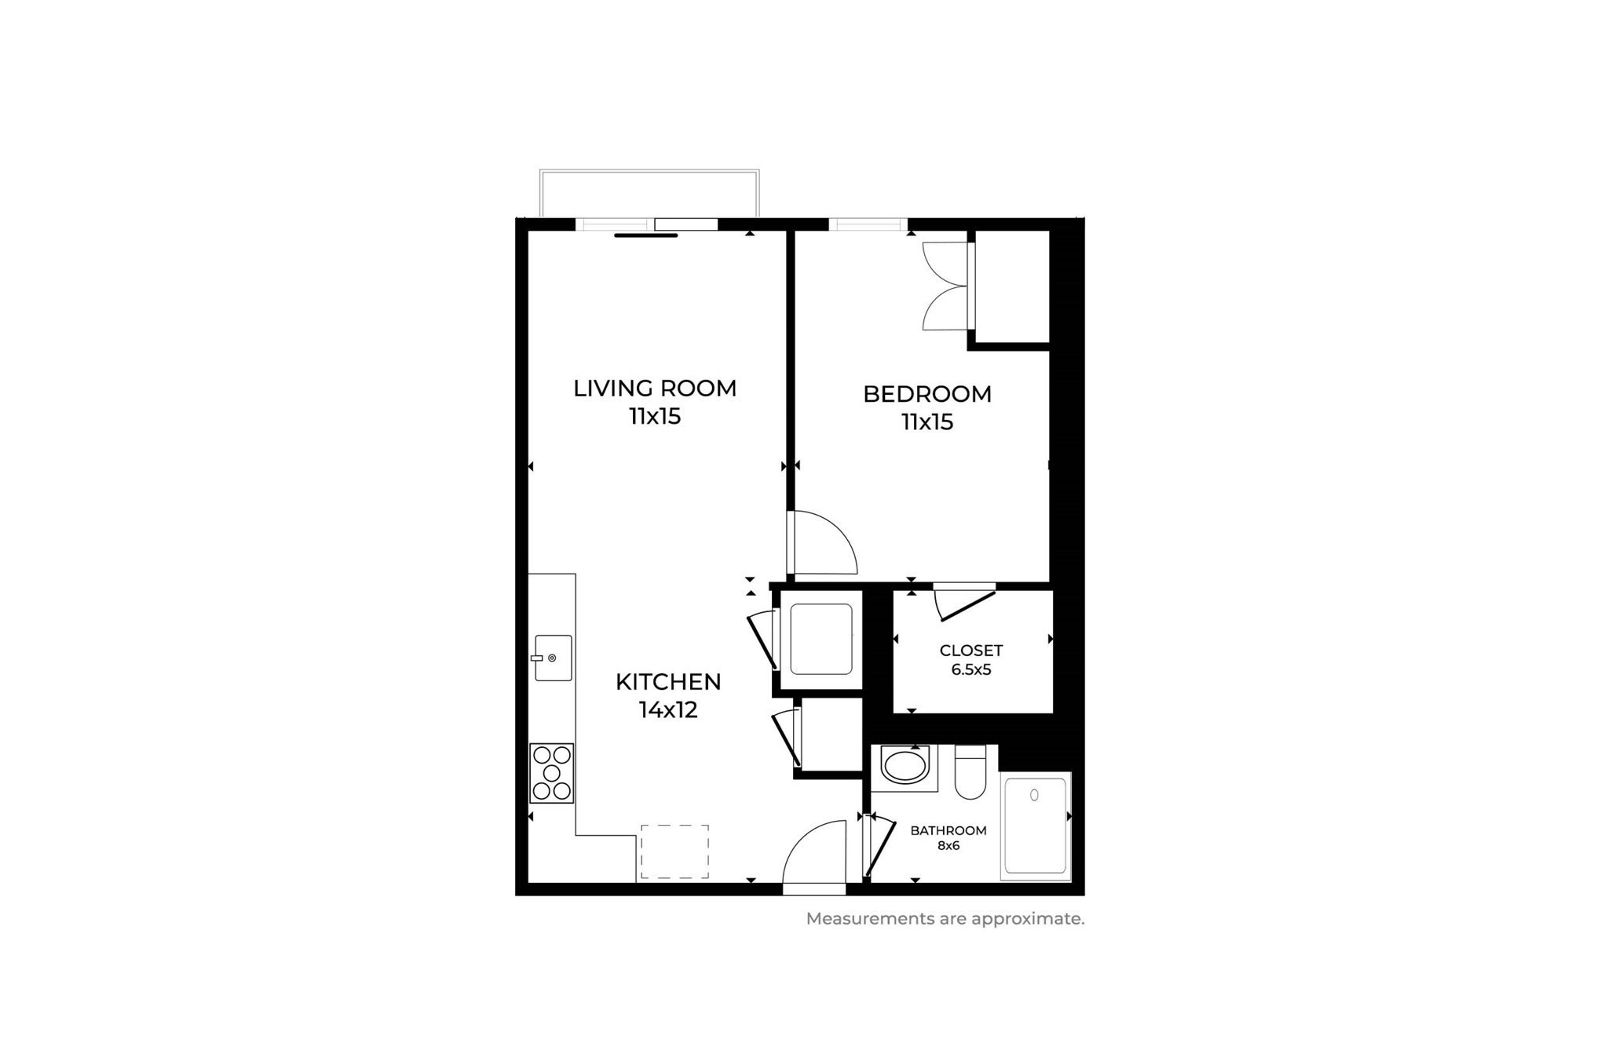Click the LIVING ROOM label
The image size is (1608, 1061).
tap(654, 388)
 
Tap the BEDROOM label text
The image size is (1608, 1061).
tap(926, 394)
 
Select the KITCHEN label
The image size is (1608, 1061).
tap(667, 682)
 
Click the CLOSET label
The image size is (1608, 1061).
tap(970, 651)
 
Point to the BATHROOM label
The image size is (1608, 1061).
tap(948, 830)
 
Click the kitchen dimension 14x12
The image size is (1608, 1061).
tap(667, 710)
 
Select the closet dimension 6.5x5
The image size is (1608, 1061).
tap(970, 670)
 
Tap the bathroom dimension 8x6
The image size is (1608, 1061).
tap(948, 846)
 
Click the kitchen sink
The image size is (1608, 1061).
tap(553, 658)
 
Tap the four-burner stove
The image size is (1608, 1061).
tap(552, 773)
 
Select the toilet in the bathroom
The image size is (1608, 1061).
tap(970, 773)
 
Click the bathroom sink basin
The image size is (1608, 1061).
tap(904, 766)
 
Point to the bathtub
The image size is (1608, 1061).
tap(1036, 826)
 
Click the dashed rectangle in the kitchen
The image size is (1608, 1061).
tap(674, 851)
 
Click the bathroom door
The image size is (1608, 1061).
tap(879, 848)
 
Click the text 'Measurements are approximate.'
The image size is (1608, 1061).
tap(945, 919)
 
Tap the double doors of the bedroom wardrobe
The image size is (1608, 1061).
tap(946, 286)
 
